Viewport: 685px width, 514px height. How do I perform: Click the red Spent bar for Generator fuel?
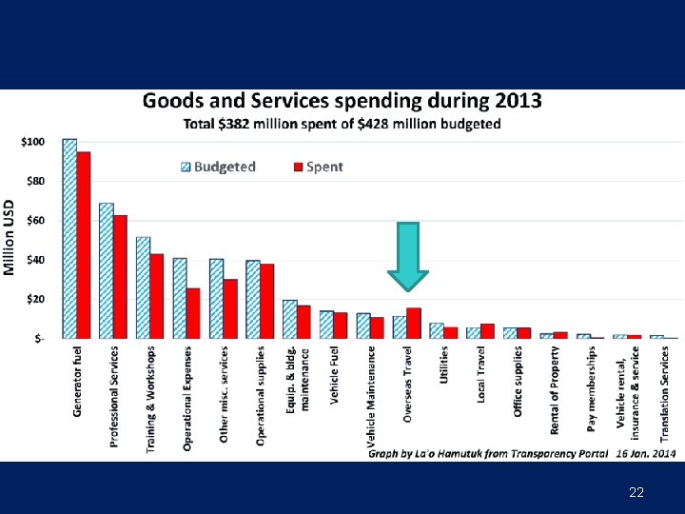pos(84,245)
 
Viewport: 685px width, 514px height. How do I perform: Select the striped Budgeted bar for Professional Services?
pos(106,270)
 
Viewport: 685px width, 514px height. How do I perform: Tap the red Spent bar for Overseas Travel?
pos(414,323)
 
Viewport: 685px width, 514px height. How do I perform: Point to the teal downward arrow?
pos(408,256)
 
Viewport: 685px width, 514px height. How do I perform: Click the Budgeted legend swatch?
pos(186,167)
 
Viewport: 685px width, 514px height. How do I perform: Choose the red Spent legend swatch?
pos(297,167)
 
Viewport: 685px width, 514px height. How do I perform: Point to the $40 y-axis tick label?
pos(33,260)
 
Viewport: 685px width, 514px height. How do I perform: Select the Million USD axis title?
pos(9,238)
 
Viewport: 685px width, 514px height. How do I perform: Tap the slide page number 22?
pos(636,492)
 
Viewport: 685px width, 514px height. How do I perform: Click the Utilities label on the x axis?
pos(444,365)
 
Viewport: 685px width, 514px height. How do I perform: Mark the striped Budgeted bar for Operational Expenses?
pos(180,298)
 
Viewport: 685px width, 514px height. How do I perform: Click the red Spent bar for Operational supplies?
pos(267,301)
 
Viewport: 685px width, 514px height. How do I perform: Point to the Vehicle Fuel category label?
pos(334,377)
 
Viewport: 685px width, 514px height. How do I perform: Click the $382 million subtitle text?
pos(342,125)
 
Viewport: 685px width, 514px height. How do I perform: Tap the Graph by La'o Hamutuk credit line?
pos(487,454)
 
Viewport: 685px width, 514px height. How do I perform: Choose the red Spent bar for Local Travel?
pos(487,330)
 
